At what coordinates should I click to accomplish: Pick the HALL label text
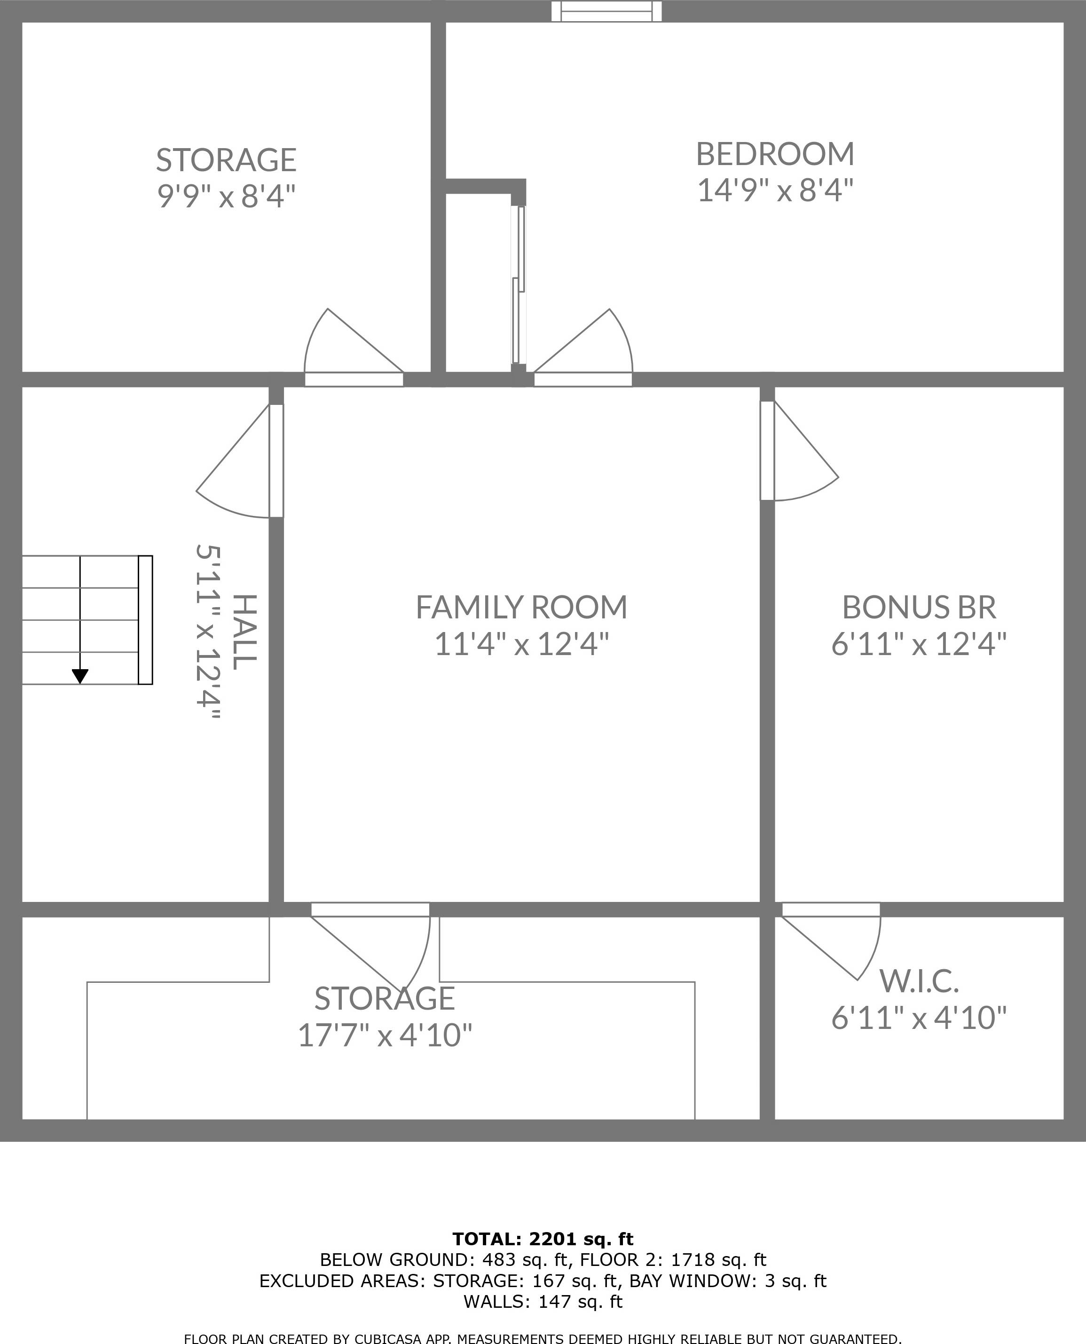pos(244,632)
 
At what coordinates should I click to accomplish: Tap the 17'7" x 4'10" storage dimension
pos(384,1036)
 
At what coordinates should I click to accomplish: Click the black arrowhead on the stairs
pos(80,676)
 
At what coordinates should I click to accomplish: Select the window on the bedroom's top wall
pos(606,11)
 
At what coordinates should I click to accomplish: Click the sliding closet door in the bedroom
pos(518,285)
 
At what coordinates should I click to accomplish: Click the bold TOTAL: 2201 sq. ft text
pos(543,1239)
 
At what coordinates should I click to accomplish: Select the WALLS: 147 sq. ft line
pos(543,1302)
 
